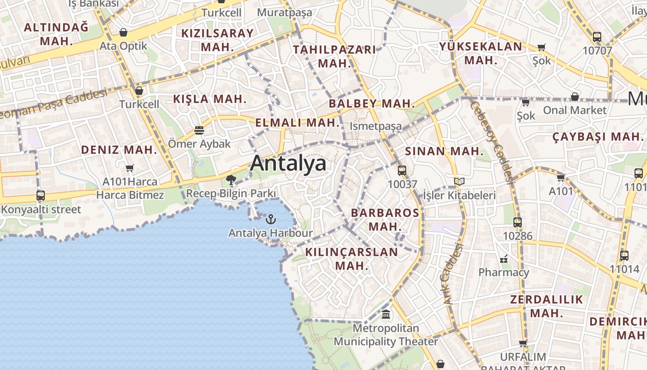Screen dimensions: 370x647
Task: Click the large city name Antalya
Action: pos(288,164)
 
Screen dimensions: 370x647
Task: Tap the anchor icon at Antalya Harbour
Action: pos(271,219)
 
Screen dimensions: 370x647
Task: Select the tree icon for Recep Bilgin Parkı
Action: pos(231,180)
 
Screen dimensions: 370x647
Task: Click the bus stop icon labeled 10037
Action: pos(402,170)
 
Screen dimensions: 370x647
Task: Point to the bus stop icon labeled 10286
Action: pos(518,222)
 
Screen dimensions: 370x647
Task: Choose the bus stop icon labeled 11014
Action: pos(624,255)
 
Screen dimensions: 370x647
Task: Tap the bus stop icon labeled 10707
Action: pos(597,37)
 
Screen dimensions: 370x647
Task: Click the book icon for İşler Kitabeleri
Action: pos(459,182)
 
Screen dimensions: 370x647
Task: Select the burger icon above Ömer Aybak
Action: pos(199,130)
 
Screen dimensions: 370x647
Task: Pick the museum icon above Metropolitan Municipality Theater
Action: pos(386,315)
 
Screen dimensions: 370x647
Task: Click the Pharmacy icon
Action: pos(504,259)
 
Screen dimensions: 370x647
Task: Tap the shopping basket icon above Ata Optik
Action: pos(123,32)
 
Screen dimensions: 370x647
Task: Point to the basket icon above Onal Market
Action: pos(574,97)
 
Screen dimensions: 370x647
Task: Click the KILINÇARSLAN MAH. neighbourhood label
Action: pos(351,259)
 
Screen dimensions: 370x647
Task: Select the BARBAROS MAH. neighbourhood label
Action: pos(385,220)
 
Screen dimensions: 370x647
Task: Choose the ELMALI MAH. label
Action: pos(298,123)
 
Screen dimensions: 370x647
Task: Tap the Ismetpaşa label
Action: pos(376,126)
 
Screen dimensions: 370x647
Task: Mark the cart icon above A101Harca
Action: pos(130,168)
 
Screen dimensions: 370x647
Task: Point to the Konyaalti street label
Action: pos(41,210)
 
